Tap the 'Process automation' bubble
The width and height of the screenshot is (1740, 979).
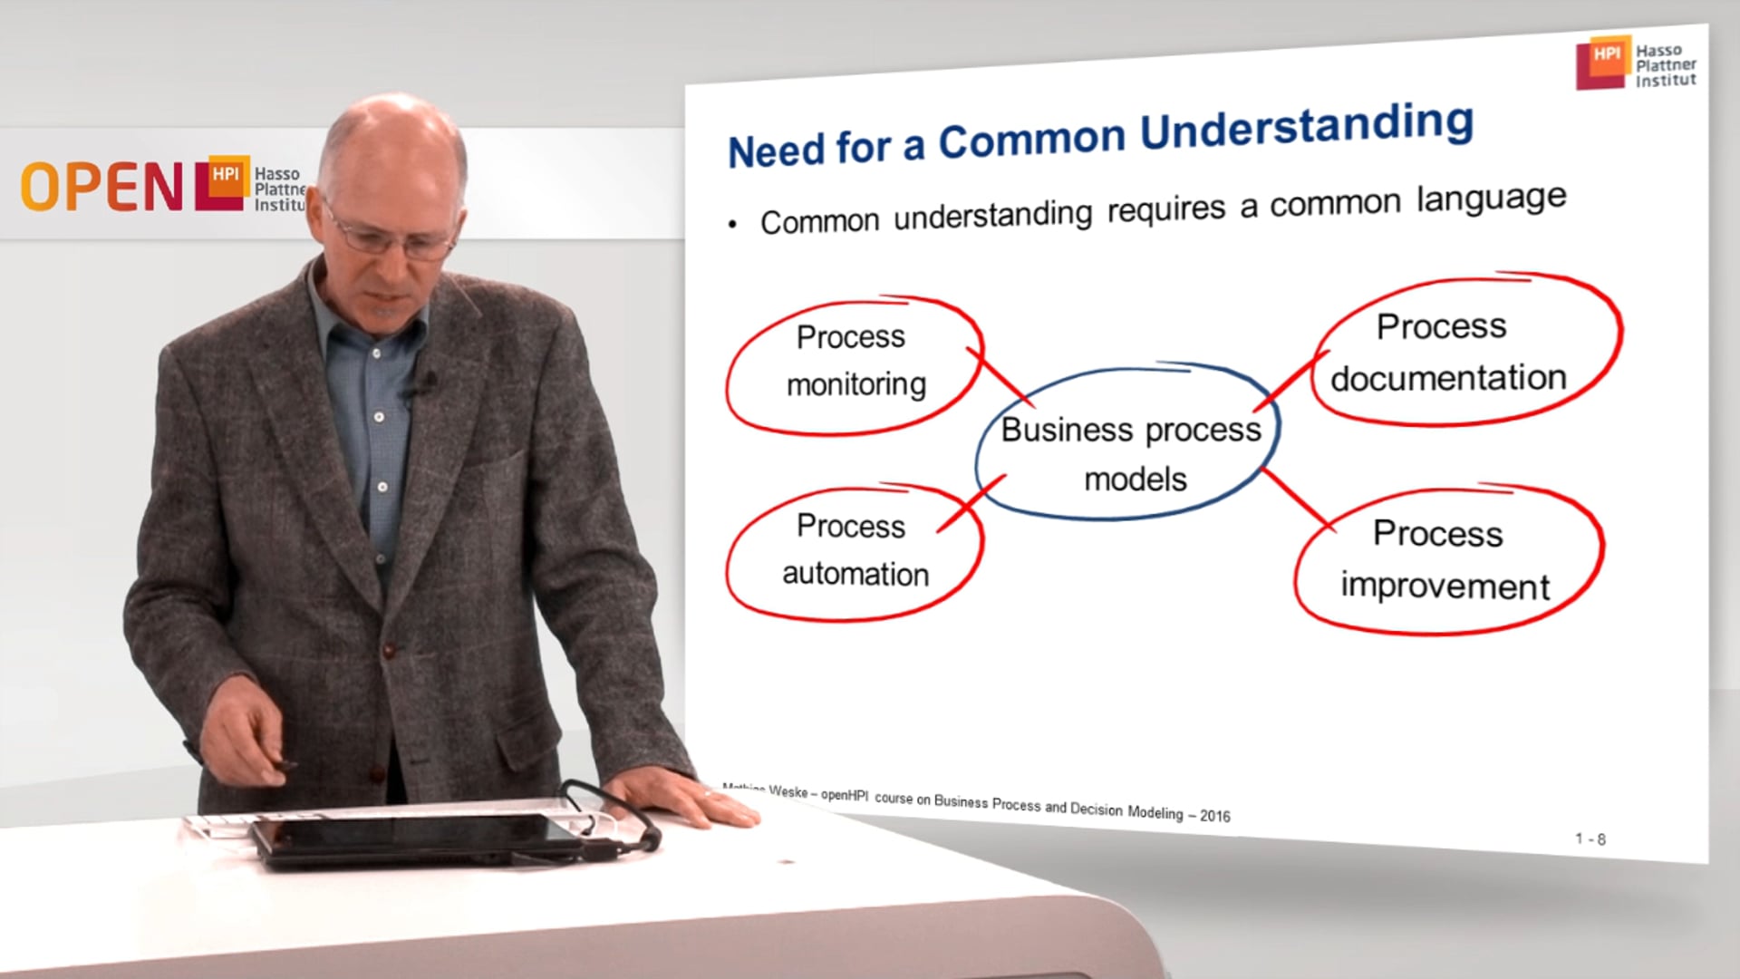coord(853,550)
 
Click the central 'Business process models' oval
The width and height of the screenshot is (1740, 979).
coord(1130,452)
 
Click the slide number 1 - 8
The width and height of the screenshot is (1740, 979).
coord(1590,839)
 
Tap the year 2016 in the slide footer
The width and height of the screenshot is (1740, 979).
coord(1214,816)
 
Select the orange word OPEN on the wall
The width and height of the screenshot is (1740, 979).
coord(101,187)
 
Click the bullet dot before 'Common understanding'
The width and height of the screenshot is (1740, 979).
coord(732,224)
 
